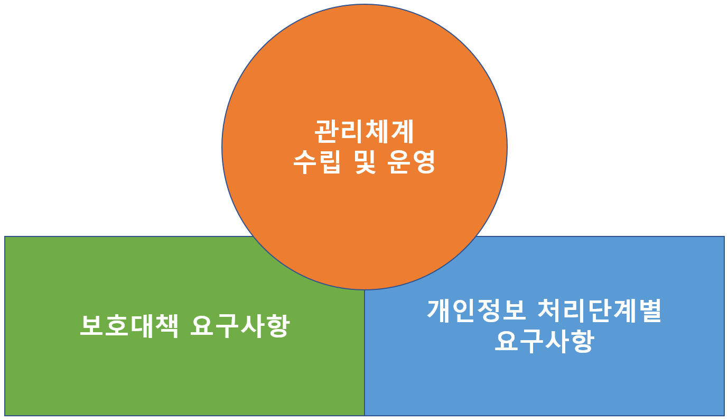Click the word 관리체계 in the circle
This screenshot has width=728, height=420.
point(364,132)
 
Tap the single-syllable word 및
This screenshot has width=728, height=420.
point(364,162)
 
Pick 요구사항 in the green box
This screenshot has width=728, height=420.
point(239,325)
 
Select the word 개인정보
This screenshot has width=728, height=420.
point(477,311)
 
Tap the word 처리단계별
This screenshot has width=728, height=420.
point(599,311)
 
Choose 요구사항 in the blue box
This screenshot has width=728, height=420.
point(544,342)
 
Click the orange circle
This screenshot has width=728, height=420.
point(364,69)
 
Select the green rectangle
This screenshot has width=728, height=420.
point(106,381)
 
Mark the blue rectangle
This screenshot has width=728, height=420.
point(634,381)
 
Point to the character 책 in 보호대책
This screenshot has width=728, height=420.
point(165,325)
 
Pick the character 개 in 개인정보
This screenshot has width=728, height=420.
point(440,311)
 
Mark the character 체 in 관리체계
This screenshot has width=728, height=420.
point(377,132)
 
